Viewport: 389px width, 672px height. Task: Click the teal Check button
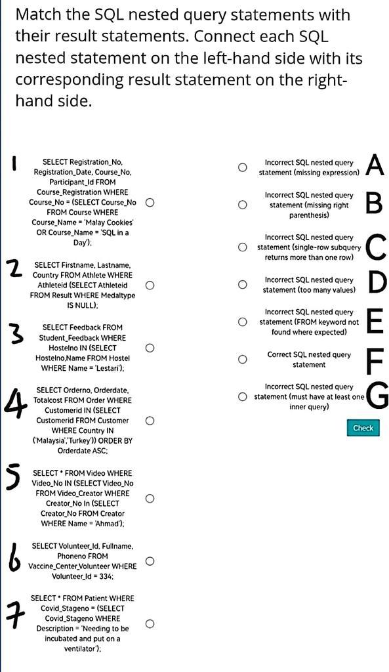(x=363, y=428)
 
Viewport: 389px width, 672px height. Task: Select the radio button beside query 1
(x=150, y=202)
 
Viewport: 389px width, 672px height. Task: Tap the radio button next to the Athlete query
(x=150, y=285)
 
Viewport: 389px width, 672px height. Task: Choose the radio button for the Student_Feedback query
(x=150, y=348)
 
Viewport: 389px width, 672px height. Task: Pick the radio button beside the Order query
(x=150, y=420)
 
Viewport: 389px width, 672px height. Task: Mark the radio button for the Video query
(x=150, y=498)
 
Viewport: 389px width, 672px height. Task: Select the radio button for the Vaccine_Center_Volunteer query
(x=150, y=561)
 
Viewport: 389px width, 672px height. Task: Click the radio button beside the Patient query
(x=150, y=623)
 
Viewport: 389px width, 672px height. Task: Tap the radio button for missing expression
(x=243, y=167)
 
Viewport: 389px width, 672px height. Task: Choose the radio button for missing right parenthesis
(x=243, y=205)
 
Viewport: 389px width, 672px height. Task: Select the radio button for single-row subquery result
(x=243, y=247)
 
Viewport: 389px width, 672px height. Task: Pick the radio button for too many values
(x=243, y=285)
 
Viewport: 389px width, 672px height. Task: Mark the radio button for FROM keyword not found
(x=243, y=322)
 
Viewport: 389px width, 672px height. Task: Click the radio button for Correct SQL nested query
(x=243, y=359)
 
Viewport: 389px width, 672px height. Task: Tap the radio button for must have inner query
(x=243, y=396)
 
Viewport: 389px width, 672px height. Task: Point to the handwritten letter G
(x=377, y=396)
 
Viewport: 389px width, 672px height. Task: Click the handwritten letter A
(x=375, y=165)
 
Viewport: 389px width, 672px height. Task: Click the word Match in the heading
(x=37, y=14)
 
